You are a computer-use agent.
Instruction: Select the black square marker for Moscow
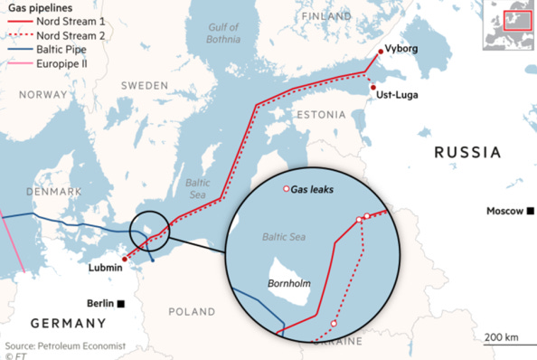[x=531, y=211]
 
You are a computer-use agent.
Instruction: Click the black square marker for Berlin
[x=133, y=304]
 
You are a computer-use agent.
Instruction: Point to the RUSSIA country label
[x=467, y=152]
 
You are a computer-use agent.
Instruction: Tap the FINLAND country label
[x=328, y=17]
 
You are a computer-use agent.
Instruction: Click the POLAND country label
[x=192, y=311]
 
